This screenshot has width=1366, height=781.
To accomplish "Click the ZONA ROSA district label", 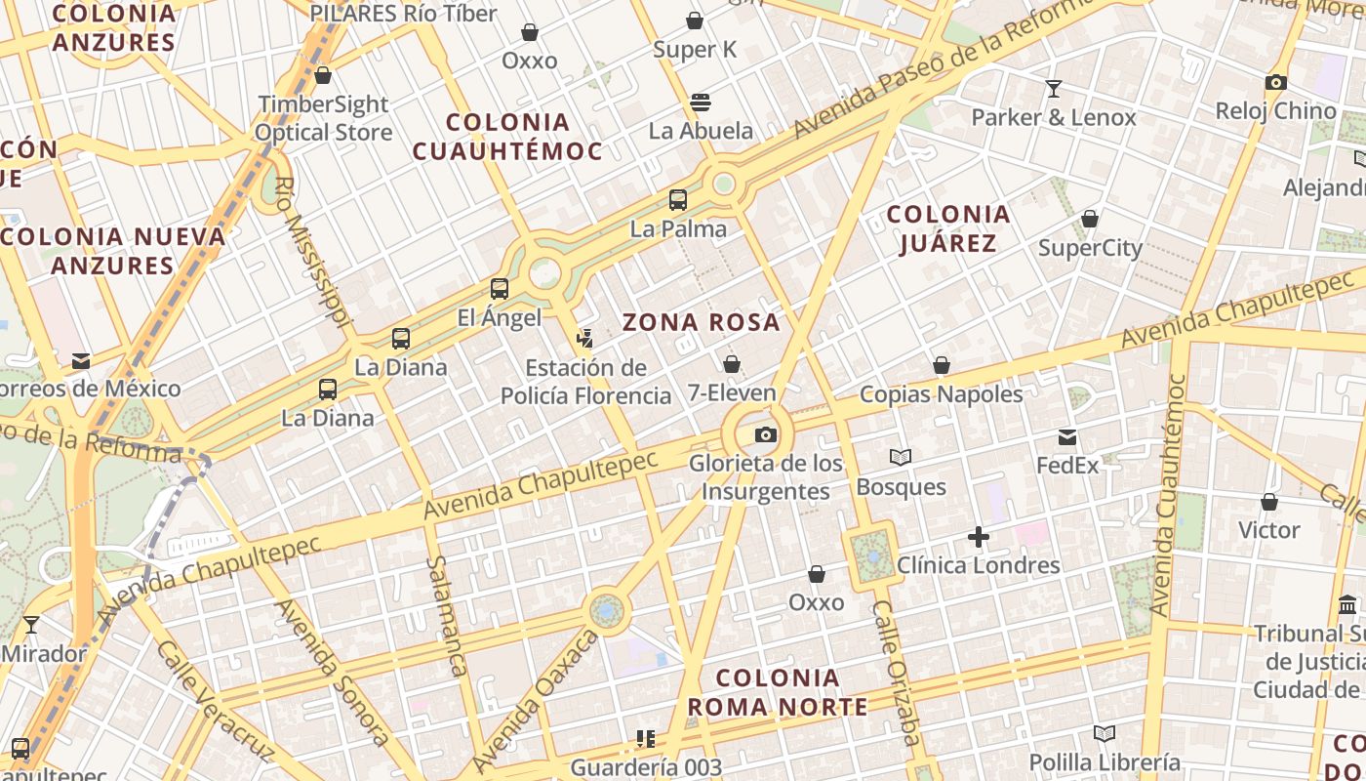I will click(702, 322).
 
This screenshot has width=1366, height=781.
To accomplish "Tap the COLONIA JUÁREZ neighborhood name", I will click(947, 228).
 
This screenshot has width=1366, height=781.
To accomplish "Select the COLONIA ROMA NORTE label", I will click(777, 692).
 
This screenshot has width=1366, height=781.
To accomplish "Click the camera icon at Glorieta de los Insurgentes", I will click(766, 434).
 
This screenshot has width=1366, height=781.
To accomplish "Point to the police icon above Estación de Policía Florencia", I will click(584, 339).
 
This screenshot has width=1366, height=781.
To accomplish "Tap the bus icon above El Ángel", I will click(500, 288).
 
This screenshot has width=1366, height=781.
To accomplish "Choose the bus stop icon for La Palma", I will click(678, 200).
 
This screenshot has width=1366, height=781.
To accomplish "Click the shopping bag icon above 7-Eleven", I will click(732, 364).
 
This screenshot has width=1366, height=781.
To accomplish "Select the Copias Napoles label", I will click(941, 394).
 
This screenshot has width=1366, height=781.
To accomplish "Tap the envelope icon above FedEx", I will click(1067, 436).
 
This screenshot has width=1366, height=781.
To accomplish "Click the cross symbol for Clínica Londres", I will click(979, 536).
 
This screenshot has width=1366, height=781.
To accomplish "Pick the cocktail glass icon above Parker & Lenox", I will click(1054, 89).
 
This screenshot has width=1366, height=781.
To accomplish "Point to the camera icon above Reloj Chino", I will click(1275, 83).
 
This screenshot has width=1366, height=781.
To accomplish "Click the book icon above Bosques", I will click(901, 457).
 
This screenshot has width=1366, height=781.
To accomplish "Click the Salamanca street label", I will click(446, 616).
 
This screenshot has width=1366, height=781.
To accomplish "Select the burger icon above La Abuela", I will click(700, 102).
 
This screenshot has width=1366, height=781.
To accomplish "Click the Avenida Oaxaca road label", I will click(535, 701).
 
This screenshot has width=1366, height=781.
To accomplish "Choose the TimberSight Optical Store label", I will click(324, 118).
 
